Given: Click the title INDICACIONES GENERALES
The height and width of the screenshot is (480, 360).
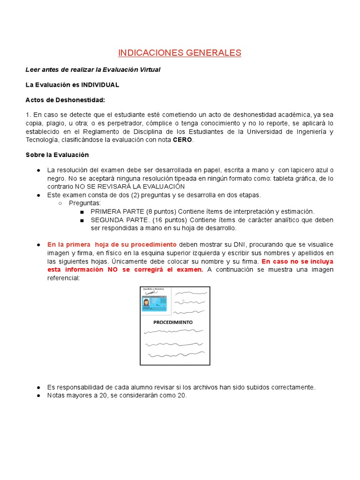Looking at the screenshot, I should pos(180,52).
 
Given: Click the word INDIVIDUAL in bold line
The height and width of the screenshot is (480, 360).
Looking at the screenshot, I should pos(100,85).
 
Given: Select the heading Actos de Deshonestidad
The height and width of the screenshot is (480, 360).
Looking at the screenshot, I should pos(65,100).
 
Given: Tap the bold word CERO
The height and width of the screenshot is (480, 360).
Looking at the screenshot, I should pos(183,140).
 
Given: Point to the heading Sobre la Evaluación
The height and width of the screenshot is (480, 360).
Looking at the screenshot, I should pos(57,155).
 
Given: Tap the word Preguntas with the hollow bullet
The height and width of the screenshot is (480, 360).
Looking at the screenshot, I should pos(85,203).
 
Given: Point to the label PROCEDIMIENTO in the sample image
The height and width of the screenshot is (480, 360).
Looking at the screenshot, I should pos(173,322).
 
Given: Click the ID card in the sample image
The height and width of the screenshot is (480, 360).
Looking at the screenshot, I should pos(155,303).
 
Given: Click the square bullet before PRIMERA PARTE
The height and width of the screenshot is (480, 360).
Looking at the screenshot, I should pos(82,212).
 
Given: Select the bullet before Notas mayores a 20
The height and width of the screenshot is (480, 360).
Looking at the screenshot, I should pos(38,396).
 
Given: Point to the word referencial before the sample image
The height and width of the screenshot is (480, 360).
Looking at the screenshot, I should pos(64,278).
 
